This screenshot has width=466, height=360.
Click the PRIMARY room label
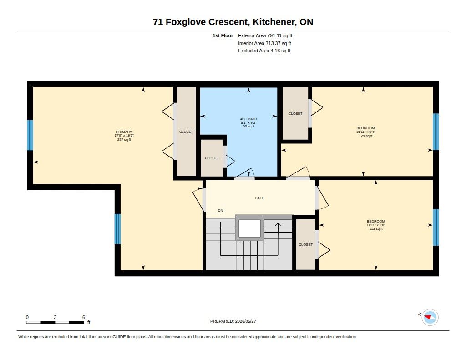coord(124,132)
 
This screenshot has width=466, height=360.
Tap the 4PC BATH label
coord(248,119)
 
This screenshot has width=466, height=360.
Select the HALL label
coord(259,198)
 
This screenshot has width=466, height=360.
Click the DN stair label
coord(220,210)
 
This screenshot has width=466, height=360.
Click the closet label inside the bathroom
coord(212,158)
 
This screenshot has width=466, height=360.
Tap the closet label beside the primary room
coord(186,132)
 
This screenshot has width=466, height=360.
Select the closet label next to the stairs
coord(305,245)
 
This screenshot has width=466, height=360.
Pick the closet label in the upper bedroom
coord(295,114)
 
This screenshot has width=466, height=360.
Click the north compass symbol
coord(430,318)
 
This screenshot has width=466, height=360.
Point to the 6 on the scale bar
coord(84,317)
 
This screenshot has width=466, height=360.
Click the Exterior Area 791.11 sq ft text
coord(265,35)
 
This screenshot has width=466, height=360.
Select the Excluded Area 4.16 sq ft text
coord(264,51)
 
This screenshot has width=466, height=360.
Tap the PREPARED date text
coord(233,321)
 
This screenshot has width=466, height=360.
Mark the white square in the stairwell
coord(249,228)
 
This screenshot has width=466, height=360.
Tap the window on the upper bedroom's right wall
coord(436,132)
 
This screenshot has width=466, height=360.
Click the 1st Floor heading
coord(223,35)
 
